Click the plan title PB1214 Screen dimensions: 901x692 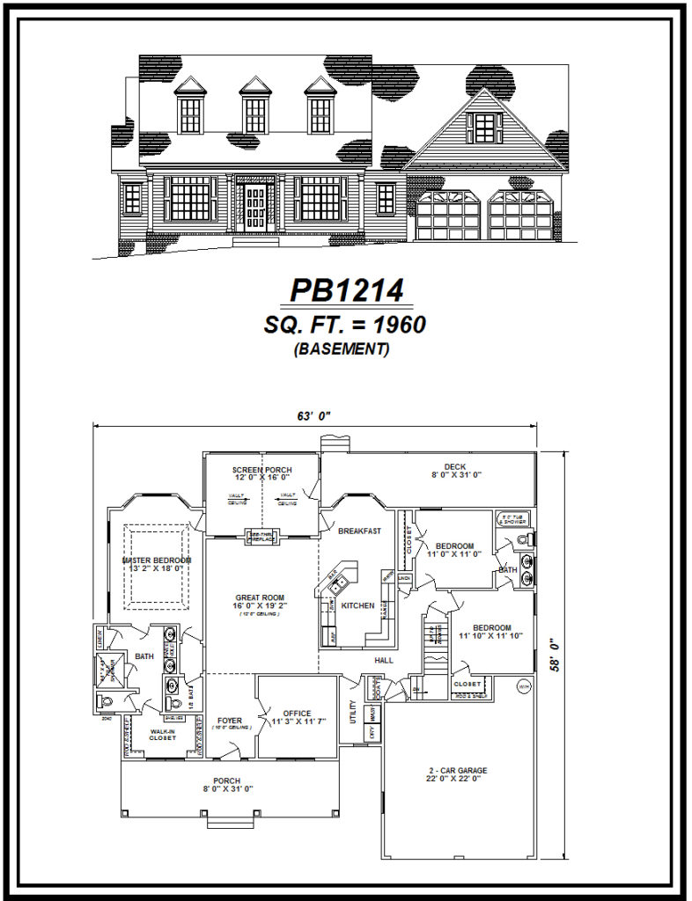346,290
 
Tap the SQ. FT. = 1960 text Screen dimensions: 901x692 344,325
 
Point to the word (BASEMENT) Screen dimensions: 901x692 344,349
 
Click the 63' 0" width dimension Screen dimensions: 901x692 313,416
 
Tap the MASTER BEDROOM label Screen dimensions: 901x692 157,560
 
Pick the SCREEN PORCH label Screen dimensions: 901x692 261,470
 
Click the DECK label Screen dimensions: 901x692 454,467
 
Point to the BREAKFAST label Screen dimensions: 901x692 359,531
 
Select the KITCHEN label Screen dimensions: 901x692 358,605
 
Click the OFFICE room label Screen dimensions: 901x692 297,714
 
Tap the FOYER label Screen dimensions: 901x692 230,721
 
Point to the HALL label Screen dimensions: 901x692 383,660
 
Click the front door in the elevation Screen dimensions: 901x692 255,208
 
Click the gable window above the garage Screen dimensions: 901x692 483,128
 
